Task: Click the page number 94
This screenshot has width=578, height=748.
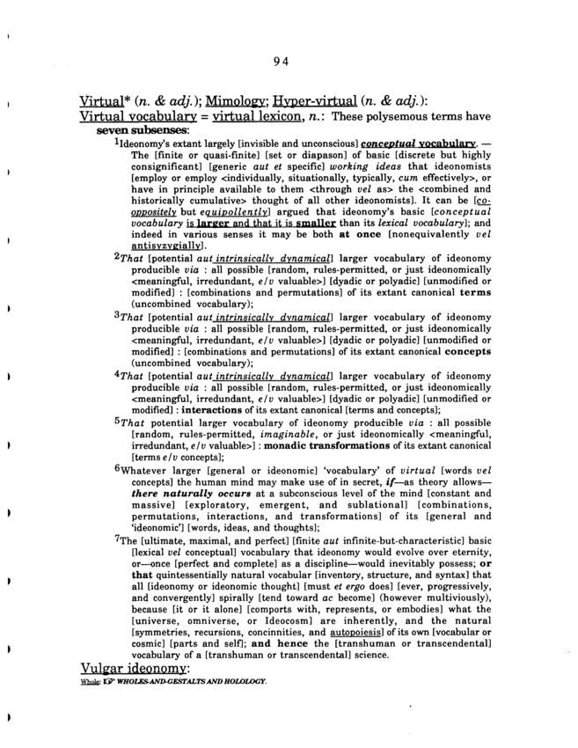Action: click(282, 61)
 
